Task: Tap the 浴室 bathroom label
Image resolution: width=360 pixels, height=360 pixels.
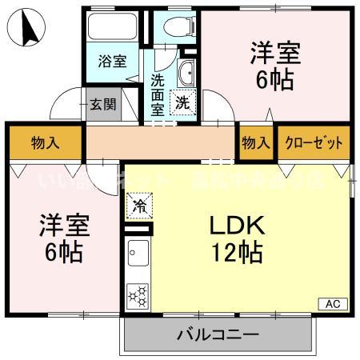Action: [112, 62]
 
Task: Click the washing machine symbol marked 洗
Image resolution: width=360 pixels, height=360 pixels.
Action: [183, 102]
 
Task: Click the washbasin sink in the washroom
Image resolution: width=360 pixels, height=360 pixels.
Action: [186, 73]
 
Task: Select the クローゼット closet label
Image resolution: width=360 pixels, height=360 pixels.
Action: [314, 143]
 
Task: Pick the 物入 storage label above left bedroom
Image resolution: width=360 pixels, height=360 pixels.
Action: [44, 143]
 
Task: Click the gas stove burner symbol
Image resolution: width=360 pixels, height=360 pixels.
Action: [137, 295]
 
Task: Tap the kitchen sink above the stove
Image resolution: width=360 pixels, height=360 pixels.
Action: [137, 255]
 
